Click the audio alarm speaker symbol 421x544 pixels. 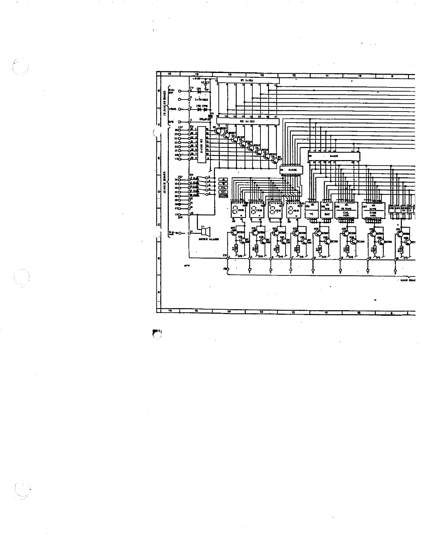pos(204,231)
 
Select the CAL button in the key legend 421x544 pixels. pos(223,188)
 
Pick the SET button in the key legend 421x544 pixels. pos(223,192)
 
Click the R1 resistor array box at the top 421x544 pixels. pos(247,80)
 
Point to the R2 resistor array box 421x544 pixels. pos(247,122)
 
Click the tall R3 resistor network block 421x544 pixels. pos(202,144)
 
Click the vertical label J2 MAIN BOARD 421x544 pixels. pos(165,184)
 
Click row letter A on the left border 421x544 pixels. pos(158,292)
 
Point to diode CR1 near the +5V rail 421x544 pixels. pos(199,90)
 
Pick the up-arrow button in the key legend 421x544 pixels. pos(223,179)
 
